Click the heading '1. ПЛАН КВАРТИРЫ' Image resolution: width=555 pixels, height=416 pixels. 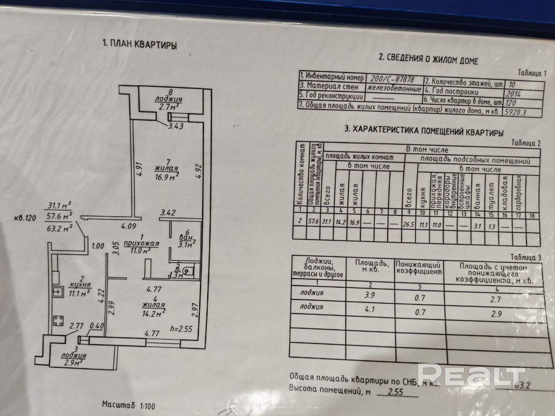[139, 44]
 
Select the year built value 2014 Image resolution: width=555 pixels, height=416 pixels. [516, 93]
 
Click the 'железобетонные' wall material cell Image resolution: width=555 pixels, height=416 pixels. [394, 89]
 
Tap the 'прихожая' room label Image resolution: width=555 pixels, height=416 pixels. [141, 244]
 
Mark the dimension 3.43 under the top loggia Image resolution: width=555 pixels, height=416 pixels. [176, 127]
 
